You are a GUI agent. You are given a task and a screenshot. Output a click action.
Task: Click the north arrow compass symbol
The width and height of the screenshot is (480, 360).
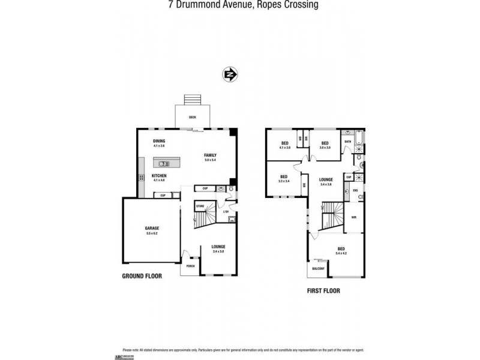click(x=230, y=75)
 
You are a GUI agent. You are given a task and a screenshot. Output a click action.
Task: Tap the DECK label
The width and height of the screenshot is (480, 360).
click(x=193, y=118)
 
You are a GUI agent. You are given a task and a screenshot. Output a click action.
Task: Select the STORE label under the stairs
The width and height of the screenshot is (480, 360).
click(x=200, y=206)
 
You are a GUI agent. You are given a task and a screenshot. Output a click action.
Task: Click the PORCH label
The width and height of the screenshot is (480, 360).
click(x=190, y=266)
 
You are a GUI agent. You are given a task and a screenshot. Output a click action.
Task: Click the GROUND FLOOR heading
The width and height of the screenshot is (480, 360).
click(x=142, y=277)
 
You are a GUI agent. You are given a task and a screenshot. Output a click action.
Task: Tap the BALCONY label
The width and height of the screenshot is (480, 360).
click(x=317, y=269)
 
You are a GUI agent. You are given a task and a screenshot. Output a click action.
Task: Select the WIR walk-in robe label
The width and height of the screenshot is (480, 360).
click(x=354, y=218)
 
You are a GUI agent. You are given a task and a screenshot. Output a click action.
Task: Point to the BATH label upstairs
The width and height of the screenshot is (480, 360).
click(x=347, y=142)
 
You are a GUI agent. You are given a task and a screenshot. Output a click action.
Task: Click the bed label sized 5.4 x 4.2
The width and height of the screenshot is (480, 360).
click(x=341, y=250)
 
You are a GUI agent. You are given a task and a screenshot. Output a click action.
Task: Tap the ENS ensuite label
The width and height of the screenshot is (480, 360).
click(x=355, y=191)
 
